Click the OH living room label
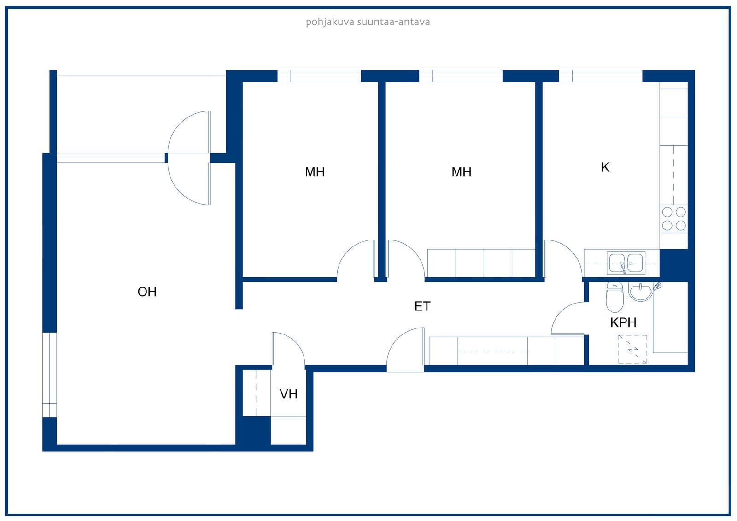coord(147,292)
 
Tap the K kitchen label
coord(605,168)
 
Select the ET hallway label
coord(422,306)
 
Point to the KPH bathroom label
coord(623,322)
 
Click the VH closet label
coord(288,394)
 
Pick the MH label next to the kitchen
coord(461,172)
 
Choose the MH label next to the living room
coord(315,172)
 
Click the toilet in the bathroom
coord(614,297)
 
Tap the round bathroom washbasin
coord(640,292)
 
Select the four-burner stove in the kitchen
coord(673,219)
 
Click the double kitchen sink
coord(626,263)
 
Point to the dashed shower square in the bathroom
coord(633,349)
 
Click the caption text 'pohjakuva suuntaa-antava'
coord(368,23)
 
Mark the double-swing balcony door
coord(189,158)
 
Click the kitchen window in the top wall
coord(601,76)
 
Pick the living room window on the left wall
coord(50,375)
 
